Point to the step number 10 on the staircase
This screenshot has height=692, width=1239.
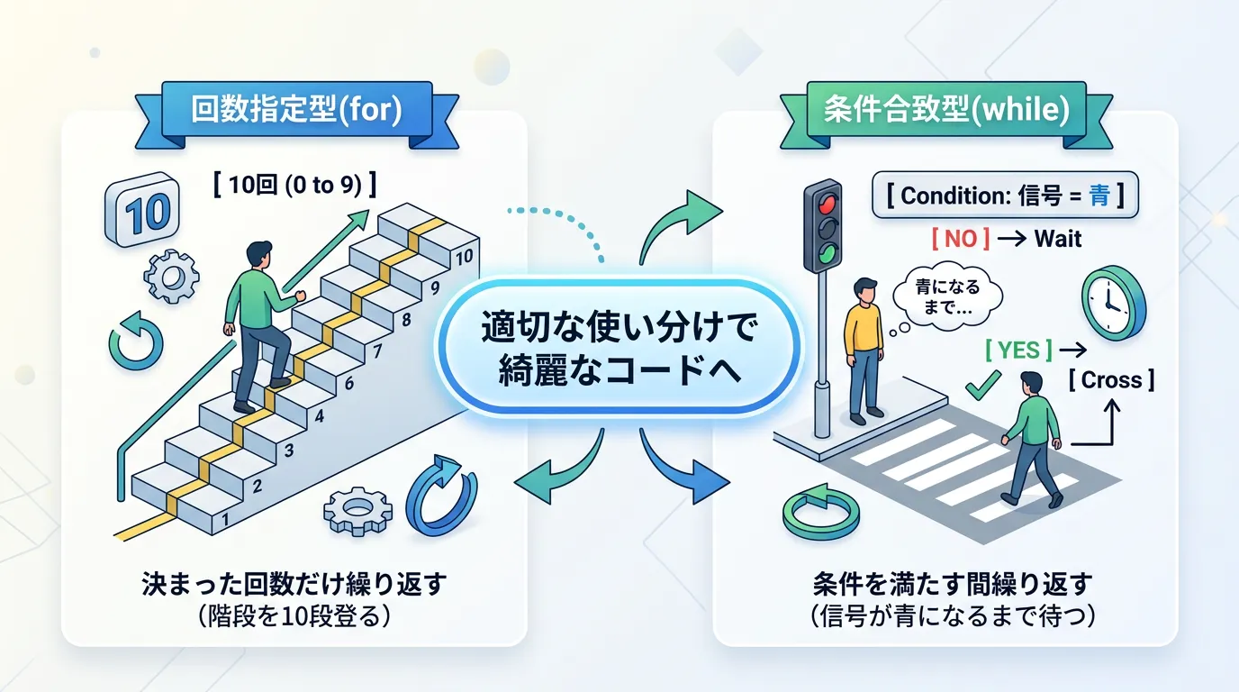tap(464, 258)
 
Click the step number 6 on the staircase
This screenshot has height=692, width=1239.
tap(348, 384)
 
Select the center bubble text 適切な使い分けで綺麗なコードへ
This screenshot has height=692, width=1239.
tap(619, 348)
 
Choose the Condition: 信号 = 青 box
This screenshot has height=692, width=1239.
tap(1005, 196)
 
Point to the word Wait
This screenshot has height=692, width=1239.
tap(1058, 239)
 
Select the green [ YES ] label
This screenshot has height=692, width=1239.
tap(1019, 350)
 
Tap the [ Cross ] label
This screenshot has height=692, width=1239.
tap(1111, 379)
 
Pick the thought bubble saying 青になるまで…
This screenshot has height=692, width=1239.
tap(946, 296)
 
